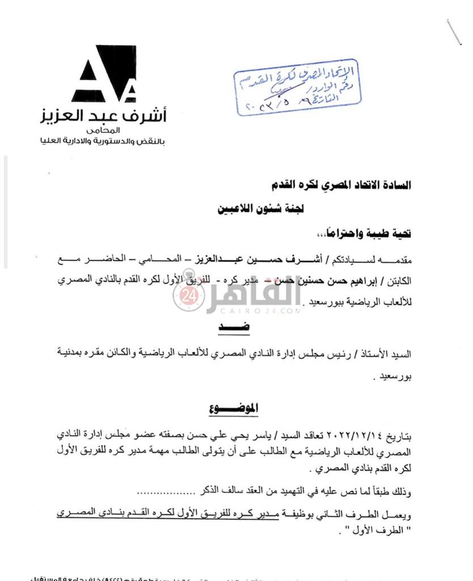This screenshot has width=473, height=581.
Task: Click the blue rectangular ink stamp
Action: (298, 86)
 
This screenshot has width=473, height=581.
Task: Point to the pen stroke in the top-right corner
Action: (454, 32)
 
